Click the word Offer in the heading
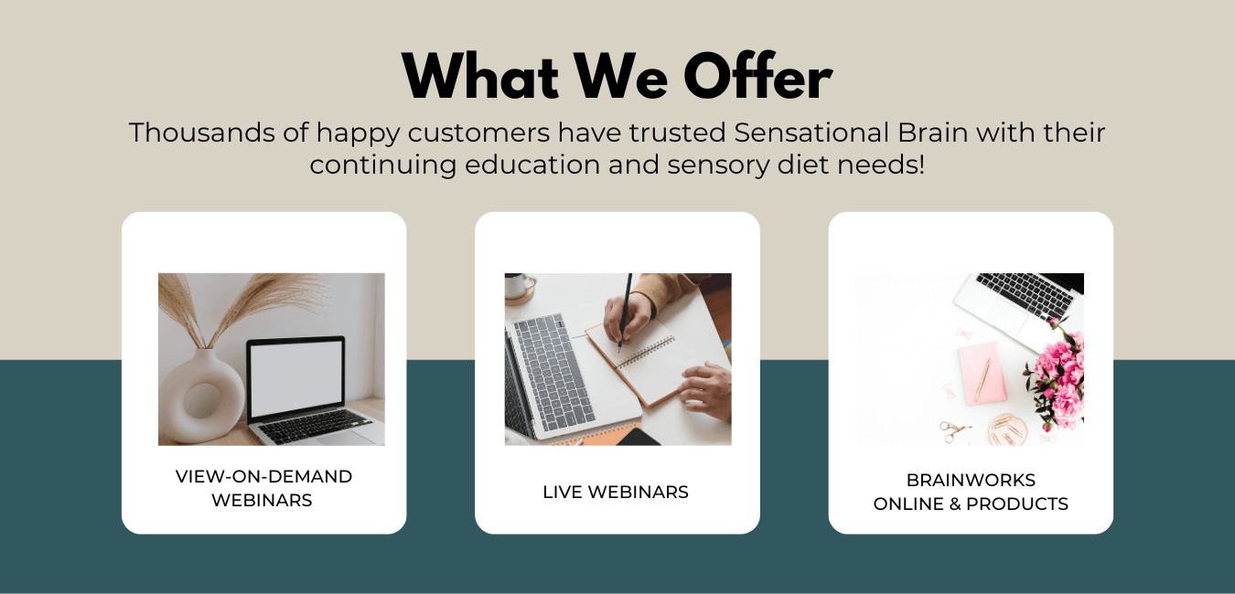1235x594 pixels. (758, 76)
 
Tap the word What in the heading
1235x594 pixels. (480, 76)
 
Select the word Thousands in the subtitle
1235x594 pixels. (202, 133)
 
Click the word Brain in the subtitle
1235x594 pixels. (932, 133)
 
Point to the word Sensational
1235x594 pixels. (811, 133)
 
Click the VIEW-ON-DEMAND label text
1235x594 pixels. (263, 476)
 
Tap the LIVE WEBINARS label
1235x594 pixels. (616, 492)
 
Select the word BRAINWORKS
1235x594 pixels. (971, 480)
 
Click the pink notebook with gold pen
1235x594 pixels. (983, 373)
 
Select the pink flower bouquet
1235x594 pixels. (1056, 375)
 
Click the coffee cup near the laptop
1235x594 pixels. (519, 287)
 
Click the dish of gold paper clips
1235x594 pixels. (1008, 429)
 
